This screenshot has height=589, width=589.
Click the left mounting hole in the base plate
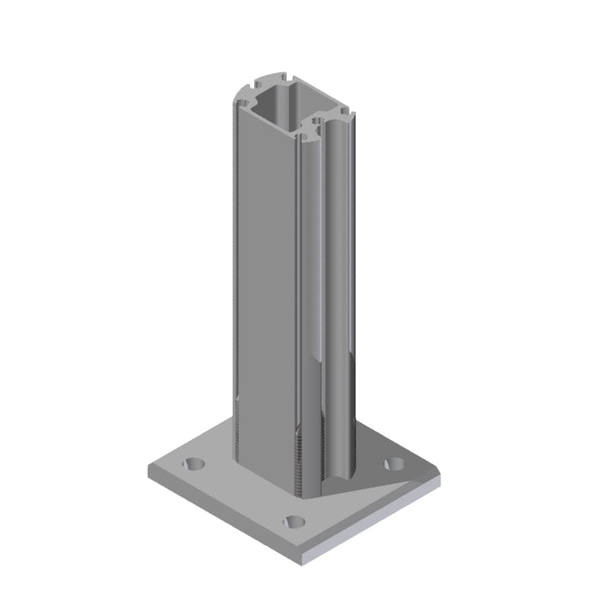pyautogui.click(x=194, y=464)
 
